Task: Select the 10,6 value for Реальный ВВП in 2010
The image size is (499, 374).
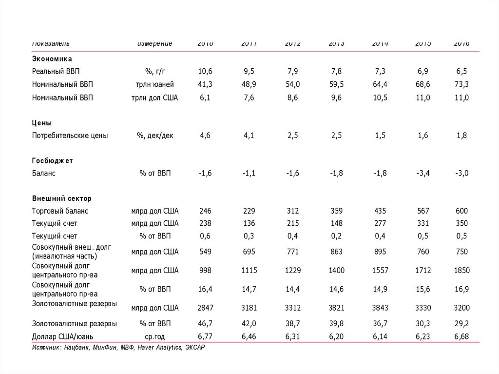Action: pyautogui.click(x=205, y=72)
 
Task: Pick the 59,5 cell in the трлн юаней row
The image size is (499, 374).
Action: pyautogui.click(x=336, y=84)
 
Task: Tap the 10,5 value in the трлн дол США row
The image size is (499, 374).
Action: pyautogui.click(x=379, y=98)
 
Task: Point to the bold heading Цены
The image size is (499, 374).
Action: pyautogui.click(x=42, y=123)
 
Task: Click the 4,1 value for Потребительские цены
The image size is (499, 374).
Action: pyautogui.click(x=249, y=136)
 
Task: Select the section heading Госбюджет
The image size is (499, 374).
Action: pyautogui.click(x=52, y=160)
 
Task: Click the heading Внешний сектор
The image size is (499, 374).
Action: pyautogui.click(x=61, y=198)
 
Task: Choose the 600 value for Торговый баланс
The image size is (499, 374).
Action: pyautogui.click(x=461, y=211)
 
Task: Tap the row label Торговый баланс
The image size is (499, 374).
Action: pyautogui.click(x=60, y=211)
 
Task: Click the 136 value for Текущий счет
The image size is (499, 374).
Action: pyautogui.click(x=249, y=223)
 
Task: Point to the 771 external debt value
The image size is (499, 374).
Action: pyautogui.click(x=293, y=252)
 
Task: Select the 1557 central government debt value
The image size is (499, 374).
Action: pyautogui.click(x=379, y=270)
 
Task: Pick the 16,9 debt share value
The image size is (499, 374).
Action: pyautogui.click(x=461, y=289)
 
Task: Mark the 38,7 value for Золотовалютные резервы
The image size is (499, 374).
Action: pyautogui.click(x=293, y=324)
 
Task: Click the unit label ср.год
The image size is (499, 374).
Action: pyautogui.click(x=155, y=336)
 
